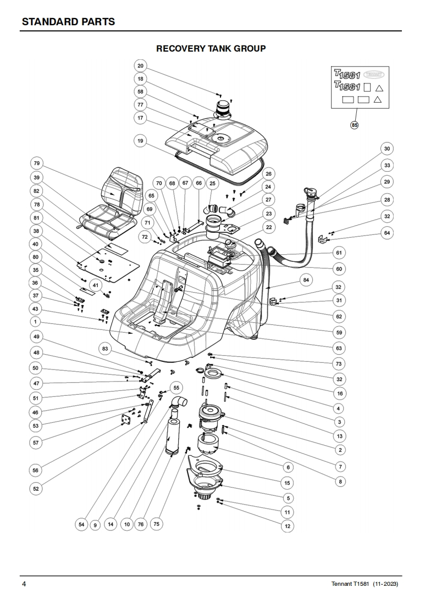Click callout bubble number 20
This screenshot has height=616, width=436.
click(x=141, y=65)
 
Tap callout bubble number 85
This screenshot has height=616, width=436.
click(x=355, y=125)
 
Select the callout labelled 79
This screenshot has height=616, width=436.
click(x=37, y=164)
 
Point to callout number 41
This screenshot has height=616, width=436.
click(x=95, y=285)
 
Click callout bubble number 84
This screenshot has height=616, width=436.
click(x=306, y=280)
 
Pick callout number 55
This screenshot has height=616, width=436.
click(x=176, y=388)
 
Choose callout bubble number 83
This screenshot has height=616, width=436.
click(x=105, y=349)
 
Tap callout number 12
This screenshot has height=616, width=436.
click(x=288, y=527)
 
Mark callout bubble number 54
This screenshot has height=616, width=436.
click(x=81, y=524)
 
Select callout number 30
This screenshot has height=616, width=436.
click(x=387, y=148)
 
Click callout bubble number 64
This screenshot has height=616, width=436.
click(x=387, y=233)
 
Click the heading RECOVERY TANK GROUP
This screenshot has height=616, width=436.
click(x=211, y=49)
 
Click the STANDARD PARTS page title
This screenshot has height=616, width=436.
click(x=69, y=21)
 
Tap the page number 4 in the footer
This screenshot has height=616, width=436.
click(x=24, y=584)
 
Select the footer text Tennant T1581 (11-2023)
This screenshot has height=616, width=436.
click(x=365, y=584)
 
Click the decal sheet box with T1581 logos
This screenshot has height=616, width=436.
click(x=360, y=86)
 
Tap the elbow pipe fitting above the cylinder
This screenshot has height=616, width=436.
click(x=179, y=402)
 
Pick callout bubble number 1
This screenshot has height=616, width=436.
click(x=35, y=322)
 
